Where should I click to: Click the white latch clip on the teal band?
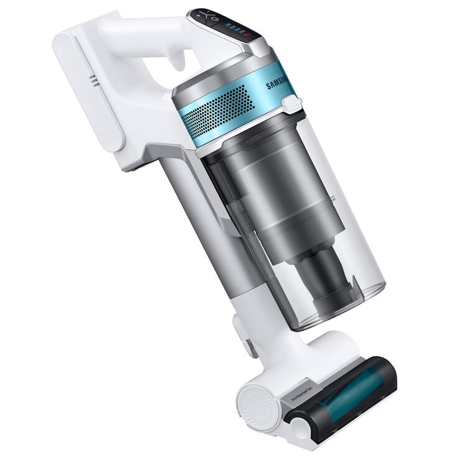pos(289,104)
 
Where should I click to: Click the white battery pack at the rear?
pos(87,87)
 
